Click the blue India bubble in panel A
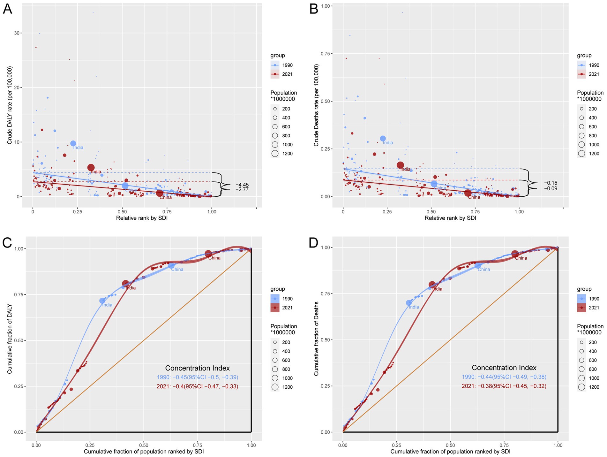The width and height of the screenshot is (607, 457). [73, 143]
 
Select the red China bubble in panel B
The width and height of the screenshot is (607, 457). [468, 193]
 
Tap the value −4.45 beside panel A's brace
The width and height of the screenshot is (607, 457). [242, 185]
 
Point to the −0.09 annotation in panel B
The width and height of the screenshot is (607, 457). [551, 189]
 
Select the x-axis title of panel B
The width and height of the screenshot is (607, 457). [450, 218]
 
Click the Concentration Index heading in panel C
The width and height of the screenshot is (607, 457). [197, 368]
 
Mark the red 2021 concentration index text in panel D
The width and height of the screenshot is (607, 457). [504, 386]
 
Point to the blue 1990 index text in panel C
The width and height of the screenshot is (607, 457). [197, 377]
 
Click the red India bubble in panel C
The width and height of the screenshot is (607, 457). [125, 284]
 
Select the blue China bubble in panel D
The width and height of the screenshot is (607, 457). [478, 265]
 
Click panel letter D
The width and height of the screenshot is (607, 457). [313, 243]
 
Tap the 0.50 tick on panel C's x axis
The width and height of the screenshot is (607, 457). [144, 445]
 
